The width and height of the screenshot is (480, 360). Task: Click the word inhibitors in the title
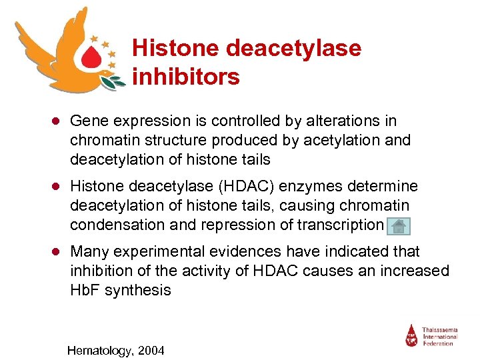pyautogui.click(x=186, y=77)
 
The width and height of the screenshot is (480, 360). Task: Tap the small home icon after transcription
pyautogui.click(x=399, y=226)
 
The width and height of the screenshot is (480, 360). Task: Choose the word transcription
pyautogui.click(x=338, y=225)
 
